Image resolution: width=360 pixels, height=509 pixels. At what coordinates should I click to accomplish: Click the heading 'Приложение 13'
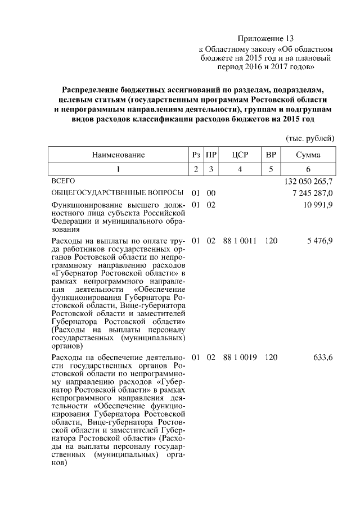(x=265, y=39)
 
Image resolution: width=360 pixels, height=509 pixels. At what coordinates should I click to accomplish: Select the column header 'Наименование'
(x=118, y=155)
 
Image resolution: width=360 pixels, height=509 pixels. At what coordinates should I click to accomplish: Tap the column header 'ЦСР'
(x=240, y=155)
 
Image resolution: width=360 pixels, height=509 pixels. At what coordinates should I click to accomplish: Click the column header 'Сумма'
(x=308, y=155)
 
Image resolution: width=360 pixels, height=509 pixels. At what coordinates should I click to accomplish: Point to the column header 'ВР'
(x=271, y=155)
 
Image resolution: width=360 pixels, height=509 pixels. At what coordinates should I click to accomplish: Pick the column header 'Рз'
(x=195, y=155)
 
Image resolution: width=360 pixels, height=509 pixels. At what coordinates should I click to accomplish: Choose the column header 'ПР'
(x=211, y=155)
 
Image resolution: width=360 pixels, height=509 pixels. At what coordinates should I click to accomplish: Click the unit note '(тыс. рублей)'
(x=310, y=138)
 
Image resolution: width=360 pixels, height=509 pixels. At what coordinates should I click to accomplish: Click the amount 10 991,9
(x=318, y=205)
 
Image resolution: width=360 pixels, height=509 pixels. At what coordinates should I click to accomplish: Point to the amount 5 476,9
(x=320, y=241)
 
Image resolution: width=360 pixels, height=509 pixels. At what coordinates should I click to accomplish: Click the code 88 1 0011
(x=240, y=241)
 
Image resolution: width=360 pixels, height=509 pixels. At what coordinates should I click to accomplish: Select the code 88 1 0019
(x=240, y=357)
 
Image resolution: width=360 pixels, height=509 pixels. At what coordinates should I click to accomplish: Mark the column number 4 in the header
(x=240, y=169)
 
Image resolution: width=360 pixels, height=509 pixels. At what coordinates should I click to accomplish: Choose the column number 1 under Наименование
(x=118, y=169)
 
